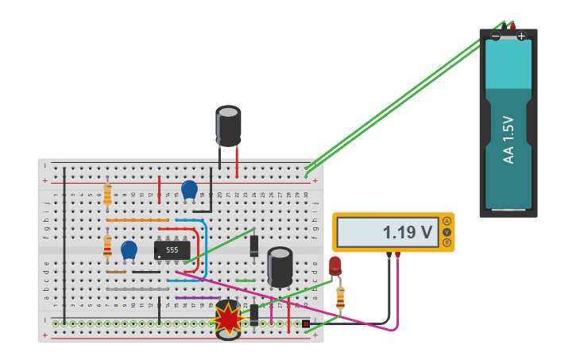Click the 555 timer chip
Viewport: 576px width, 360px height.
tap(172, 250)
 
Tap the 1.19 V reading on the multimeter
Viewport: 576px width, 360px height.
tap(408, 232)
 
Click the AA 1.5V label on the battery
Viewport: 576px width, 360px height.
tap(508, 140)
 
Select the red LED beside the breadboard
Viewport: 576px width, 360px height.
tap(335, 265)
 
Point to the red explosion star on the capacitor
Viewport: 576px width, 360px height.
tap(228, 319)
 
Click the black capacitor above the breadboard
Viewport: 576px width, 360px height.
tap(228, 126)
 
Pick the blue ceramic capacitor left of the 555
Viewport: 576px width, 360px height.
tap(129, 250)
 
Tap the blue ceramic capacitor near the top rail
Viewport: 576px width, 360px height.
tap(189, 189)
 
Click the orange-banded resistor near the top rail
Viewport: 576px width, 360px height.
tap(107, 193)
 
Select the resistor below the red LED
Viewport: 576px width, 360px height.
tap(340, 297)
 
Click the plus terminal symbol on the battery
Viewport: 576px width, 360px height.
tap(521, 36)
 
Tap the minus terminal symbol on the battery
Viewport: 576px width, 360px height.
tap(496, 36)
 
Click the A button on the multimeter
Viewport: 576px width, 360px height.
tap(446, 221)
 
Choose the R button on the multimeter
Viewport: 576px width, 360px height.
tap(446, 242)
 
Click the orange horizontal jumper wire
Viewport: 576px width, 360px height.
tap(137, 220)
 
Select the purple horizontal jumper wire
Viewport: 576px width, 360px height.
tap(198, 298)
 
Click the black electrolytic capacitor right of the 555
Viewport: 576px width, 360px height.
tap(280, 267)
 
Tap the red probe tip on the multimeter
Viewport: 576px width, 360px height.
tap(398, 255)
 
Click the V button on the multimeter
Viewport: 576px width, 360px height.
tap(446, 232)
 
